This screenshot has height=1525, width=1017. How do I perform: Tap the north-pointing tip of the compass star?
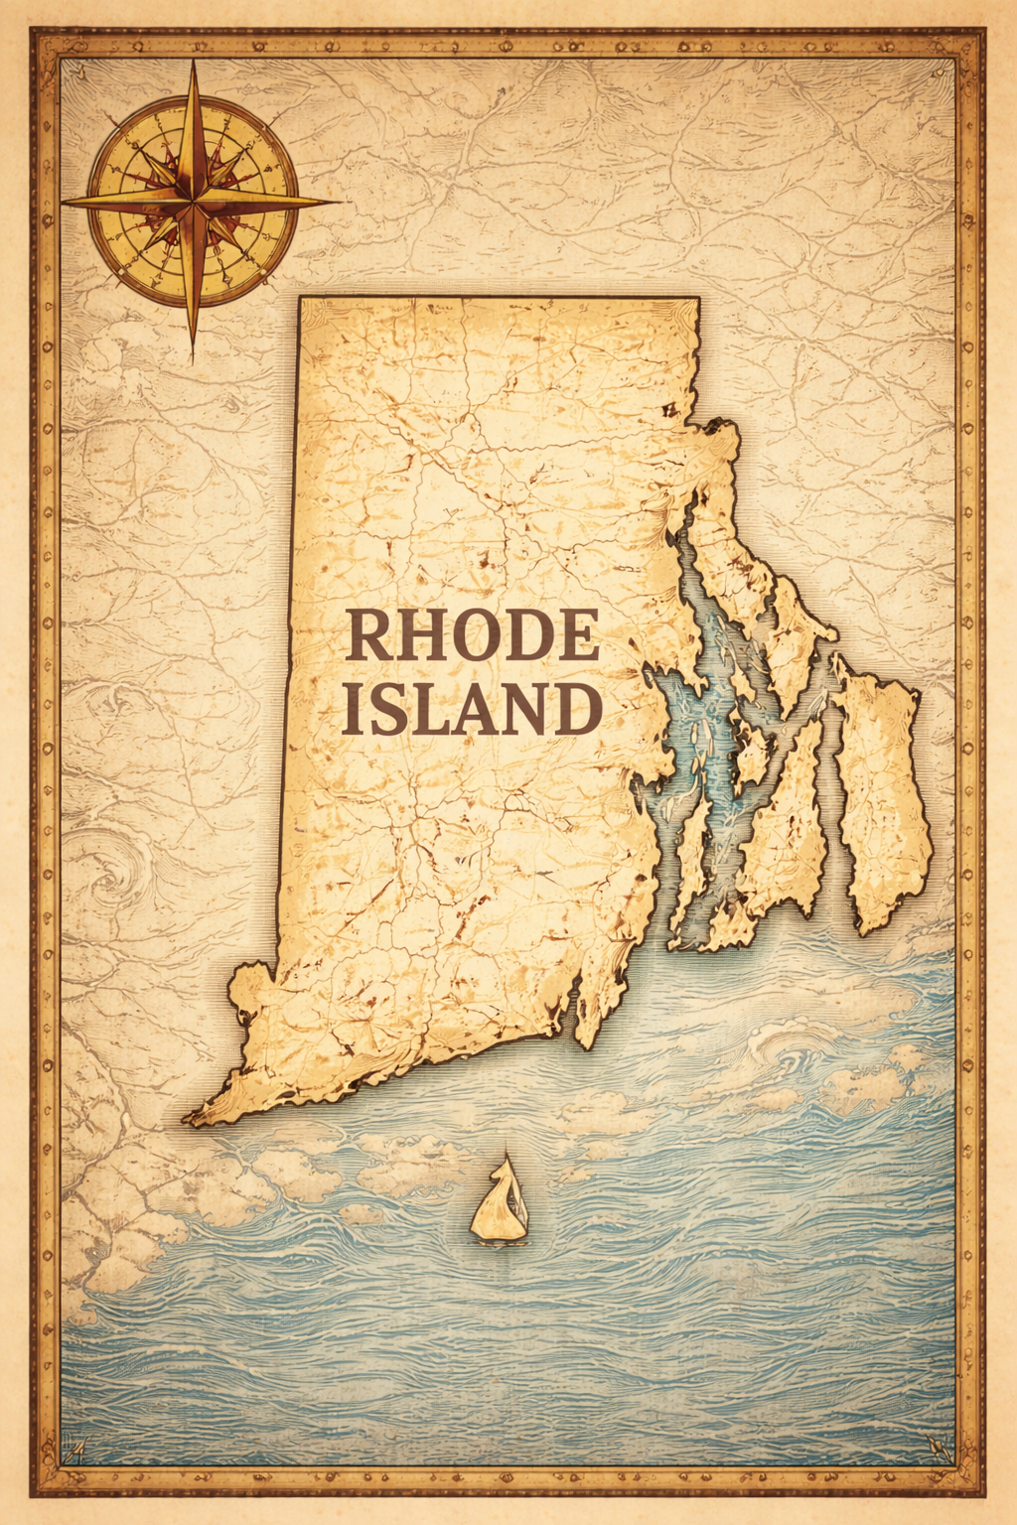point(194,62)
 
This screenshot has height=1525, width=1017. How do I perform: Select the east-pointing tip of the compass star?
point(338,202)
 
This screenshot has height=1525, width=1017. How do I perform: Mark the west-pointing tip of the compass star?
point(62,203)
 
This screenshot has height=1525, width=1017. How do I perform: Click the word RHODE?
point(472,636)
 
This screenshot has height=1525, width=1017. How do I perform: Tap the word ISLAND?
point(472,709)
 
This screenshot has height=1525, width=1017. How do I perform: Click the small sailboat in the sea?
point(500,1201)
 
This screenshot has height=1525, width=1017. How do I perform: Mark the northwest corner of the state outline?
point(300,298)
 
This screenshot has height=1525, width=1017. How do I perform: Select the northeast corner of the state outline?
point(698,299)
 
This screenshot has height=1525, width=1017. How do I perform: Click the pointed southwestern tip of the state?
point(189,1122)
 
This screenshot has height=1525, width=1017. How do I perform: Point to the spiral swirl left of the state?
point(109,874)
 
